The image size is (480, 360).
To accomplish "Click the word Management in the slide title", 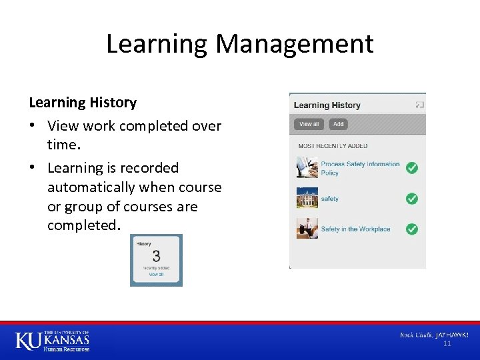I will pos(294,45).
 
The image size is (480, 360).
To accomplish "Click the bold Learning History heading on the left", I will pos(83,103).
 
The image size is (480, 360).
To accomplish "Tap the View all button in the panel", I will pos(309,124).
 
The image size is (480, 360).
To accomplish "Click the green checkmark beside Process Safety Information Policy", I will pos(412,168).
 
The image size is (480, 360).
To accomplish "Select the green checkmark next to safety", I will pos(412,199).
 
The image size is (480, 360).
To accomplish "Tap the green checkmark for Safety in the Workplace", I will pos(412,229).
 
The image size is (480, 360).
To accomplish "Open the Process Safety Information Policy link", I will pos(359,168).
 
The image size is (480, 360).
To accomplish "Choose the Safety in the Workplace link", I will pos(355,229).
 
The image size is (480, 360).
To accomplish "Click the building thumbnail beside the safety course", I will pos(307,198).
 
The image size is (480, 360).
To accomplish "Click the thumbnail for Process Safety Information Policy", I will pos(307,167).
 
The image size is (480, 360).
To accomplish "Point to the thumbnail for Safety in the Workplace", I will pos(307,228).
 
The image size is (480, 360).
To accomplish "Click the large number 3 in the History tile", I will pos(156,257).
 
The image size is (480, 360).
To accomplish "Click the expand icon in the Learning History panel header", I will pos(419,105).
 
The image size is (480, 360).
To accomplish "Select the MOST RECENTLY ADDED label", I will pos(333,146).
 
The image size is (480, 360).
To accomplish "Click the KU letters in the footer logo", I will pos(28,341).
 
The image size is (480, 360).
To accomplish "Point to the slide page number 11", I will pos(447,343).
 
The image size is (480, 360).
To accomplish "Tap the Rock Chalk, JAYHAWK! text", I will pos(434,334).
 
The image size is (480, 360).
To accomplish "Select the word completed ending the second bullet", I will pos(83,225).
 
